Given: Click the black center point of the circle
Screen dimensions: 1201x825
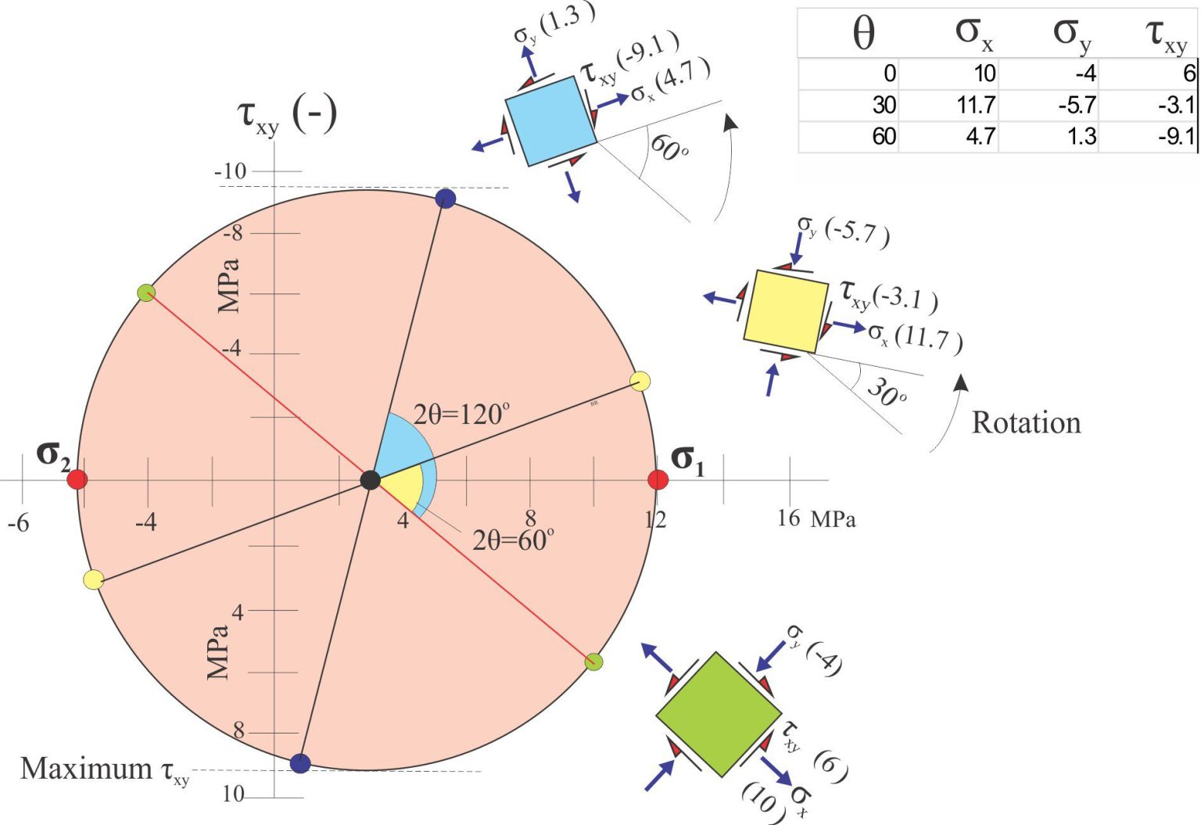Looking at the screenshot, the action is tap(370, 480).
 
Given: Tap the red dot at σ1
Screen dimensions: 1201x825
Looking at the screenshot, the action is tap(658, 479).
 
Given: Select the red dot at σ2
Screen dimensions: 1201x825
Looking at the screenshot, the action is tap(77, 479).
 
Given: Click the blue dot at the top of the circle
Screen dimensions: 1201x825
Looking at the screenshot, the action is tap(446, 199).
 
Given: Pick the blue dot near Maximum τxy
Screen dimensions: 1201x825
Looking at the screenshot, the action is tap(300, 762).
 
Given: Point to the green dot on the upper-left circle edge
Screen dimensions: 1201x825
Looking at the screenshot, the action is tap(146, 292).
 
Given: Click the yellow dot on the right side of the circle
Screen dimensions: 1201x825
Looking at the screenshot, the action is tap(640, 382).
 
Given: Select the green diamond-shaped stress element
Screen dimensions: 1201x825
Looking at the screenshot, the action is tap(719, 714).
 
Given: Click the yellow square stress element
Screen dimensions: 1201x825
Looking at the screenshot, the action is tap(786, 311).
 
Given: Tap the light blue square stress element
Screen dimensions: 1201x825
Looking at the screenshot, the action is tap(551, 121).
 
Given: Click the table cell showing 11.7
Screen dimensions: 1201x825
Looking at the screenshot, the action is tap(976, 105).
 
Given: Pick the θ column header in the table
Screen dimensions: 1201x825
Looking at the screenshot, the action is tap(863, 34).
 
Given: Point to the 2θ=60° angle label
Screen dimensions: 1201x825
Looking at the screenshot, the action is tap(513, 540).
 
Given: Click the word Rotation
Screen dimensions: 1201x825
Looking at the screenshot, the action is tap(1026, 423).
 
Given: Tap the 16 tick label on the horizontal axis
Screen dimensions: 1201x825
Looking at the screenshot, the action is tap(789, 518).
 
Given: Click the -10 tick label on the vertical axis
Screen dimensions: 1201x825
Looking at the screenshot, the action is tap(230, 171).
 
